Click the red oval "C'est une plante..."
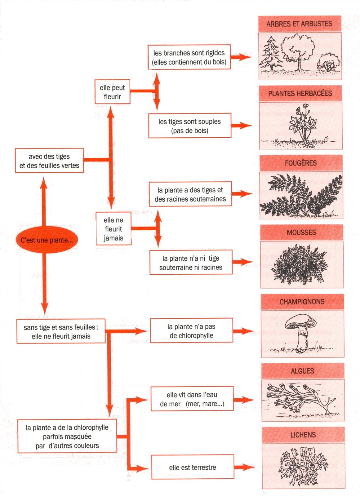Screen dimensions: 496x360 (x=47, y=240)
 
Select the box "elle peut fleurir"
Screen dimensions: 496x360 (x=112, y=92)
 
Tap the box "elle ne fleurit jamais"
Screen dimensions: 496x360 (x=113, y=229)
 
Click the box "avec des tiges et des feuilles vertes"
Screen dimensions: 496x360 (x=49, y=161)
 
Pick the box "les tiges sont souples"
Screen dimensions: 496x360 (x=190, y=126)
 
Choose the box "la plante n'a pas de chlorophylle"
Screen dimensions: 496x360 (x=191, y=331)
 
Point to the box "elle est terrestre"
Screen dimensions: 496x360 (x=193, y=467)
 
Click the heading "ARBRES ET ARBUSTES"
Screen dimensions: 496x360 (x=299, y=24)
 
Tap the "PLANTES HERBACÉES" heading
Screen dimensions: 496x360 (x=300, y=93)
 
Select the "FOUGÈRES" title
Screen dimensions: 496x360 (x=301, y=163)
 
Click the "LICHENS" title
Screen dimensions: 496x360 (x=303, y=435)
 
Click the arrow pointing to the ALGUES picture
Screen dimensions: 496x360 (x=244, y=400)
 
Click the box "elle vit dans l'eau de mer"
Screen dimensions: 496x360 (x=192, y=399)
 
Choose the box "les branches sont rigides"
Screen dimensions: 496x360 (x=189, y=57)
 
